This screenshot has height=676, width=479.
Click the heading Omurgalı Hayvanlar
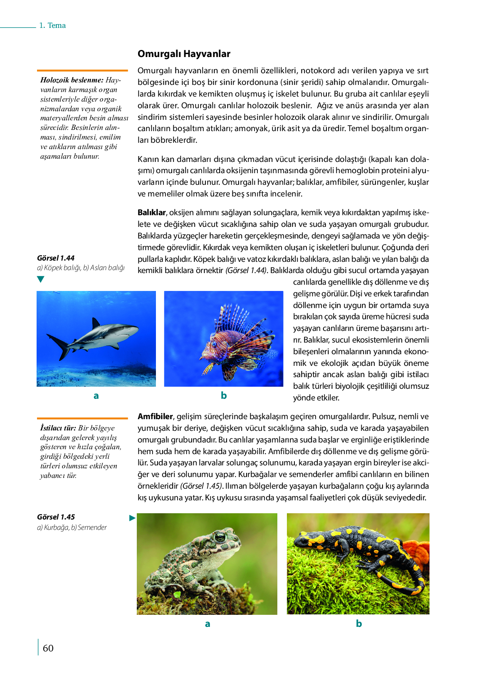184,54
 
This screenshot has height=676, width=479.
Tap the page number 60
48,648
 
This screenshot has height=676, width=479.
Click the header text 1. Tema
52,25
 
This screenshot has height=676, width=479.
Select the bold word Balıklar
152,212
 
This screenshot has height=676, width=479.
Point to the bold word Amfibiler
155,416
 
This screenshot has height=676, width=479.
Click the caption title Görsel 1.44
56,258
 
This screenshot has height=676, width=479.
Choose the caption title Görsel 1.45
56,517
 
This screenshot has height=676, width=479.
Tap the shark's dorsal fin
96,323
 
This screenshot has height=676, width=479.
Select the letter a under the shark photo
96,395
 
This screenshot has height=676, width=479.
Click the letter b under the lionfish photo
224,395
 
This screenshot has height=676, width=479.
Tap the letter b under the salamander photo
359,623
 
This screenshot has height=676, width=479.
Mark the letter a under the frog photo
207,624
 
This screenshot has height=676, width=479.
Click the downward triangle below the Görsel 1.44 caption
40,279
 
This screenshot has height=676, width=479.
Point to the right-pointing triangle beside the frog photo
132,518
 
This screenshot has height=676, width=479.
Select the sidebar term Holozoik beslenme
72,80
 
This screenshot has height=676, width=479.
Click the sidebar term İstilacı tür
58,428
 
